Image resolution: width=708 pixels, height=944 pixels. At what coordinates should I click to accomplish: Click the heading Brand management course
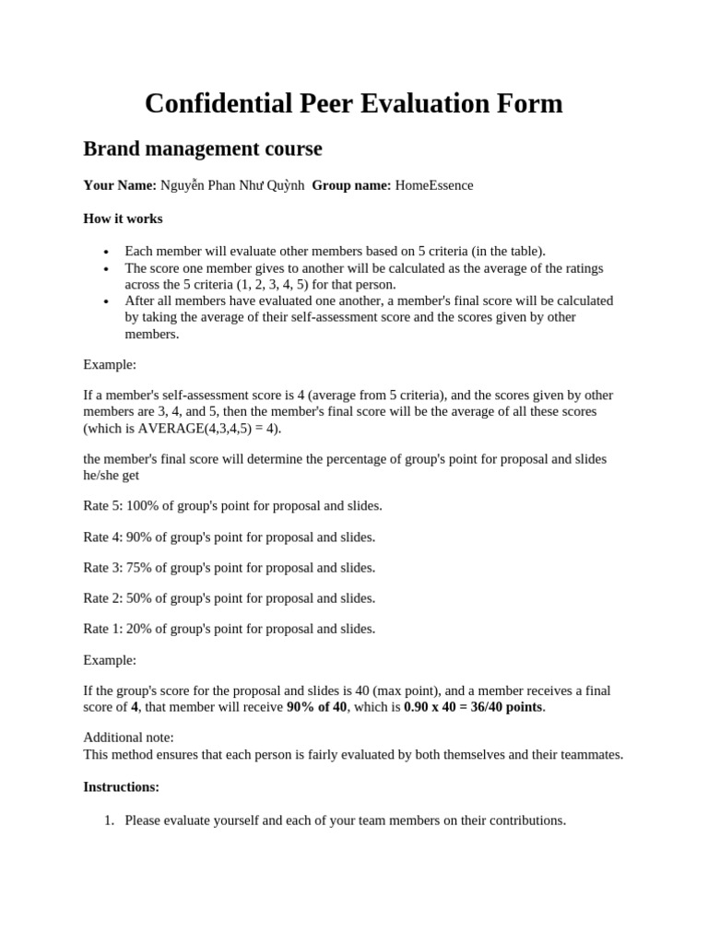[x=203, y=148]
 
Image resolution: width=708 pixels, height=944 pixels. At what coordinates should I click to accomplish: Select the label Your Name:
[x=120, y=185]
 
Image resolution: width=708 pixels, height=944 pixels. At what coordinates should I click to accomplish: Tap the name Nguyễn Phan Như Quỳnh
[x=232, y=185]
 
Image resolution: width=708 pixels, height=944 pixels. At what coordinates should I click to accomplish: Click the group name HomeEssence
[x=434, y=185]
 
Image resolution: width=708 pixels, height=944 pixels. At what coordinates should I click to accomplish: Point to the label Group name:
[x=351, y=185]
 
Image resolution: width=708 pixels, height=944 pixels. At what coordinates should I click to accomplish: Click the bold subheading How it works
[x=123, y=218]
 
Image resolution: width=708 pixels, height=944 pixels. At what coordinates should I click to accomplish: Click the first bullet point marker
[x=106, y=253]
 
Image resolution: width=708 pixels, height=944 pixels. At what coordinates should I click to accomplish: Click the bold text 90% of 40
[x=316, y=707]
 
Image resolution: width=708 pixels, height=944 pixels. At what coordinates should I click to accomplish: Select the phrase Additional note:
[x=128, y=737]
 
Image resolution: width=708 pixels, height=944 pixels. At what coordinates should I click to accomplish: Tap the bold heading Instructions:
[x=121, y=786]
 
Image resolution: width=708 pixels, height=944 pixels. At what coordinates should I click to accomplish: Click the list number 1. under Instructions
[x=108, y=820]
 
